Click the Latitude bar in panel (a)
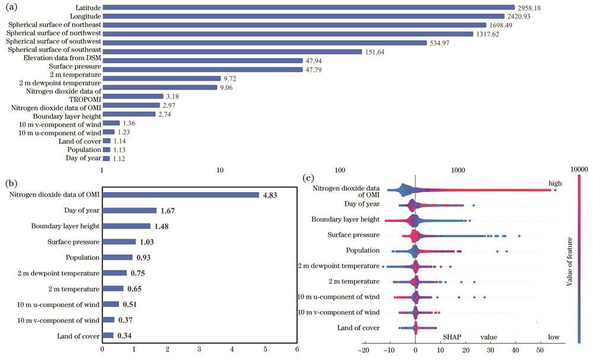(x=308, y=7)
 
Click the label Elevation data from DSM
(x=62, y=59)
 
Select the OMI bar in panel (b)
(x=181, y=195)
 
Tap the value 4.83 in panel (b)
(x=270, y=195)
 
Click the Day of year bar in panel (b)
(x=130, y=211)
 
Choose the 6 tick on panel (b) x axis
(x=296, y=349)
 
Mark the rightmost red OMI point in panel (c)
(x=554, y=190)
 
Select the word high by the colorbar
(x=554, y=183)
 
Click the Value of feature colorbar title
(x=570, y=260)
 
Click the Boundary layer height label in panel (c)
(x=345, y=219)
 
